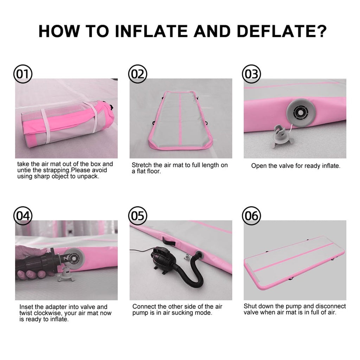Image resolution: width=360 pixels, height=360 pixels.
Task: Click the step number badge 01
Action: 23,74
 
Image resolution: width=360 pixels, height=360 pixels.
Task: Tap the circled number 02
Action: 137,74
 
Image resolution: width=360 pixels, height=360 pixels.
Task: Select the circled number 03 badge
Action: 252,74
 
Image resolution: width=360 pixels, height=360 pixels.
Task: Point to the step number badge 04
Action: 23,216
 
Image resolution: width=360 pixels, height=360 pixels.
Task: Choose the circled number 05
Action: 137,216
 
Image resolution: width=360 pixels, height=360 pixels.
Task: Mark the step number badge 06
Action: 252,216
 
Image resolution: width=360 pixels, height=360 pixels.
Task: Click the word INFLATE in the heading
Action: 151,31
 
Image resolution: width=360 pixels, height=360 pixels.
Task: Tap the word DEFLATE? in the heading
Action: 282,31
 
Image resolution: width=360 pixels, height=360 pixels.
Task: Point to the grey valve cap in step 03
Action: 282,135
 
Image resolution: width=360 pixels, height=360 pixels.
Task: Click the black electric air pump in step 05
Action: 163,261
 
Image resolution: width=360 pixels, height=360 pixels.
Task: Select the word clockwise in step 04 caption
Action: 48,313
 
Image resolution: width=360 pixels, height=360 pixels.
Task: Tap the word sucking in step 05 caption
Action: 181,313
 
